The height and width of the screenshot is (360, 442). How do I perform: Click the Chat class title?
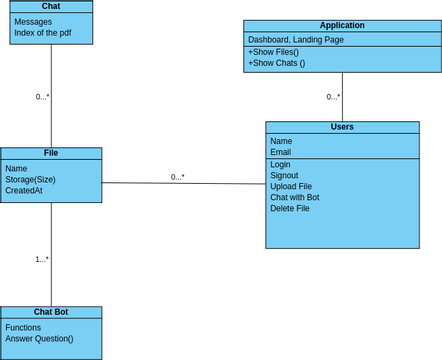[x=51, y=6]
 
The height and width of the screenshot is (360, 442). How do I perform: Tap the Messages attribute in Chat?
[x=33, y=21]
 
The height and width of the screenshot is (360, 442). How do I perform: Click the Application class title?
[x=342, y=25]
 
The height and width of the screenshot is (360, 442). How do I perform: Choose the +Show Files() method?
[x=273, y=51]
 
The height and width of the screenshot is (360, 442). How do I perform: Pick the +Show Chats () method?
[x=276, y=63]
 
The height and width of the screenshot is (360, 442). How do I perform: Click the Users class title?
[x=342, y=127]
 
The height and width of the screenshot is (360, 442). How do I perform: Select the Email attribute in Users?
[x=281, y=152]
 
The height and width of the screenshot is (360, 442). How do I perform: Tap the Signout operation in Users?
[x=284, y=175]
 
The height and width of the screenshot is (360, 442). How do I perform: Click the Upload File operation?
[x=291, y=186]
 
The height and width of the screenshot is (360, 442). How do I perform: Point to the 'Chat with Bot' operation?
[x=295, y=197]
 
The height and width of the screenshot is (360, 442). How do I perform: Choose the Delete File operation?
[x=290, y=208]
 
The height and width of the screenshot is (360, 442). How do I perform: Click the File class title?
[x=51, y=153]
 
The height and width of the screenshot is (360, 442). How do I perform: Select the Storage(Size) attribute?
[x=30, y=179]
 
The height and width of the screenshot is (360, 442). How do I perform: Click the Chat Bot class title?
[x=51, y=312]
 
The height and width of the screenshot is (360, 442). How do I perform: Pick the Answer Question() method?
[x=39, y=338]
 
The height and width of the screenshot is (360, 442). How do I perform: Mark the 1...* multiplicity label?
[x=42, y=259]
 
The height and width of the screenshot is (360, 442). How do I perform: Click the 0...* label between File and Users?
[x=177, y=177]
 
